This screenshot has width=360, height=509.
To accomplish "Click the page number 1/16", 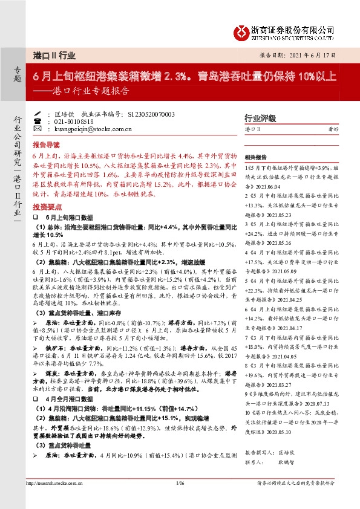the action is click(x=180, y=483).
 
